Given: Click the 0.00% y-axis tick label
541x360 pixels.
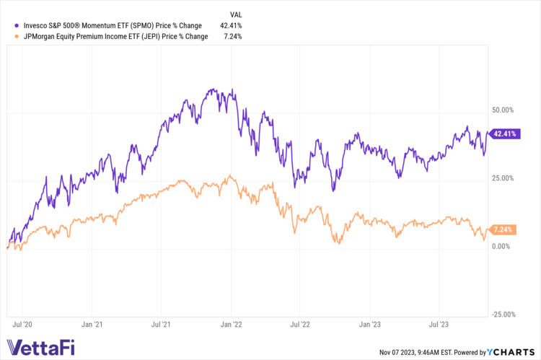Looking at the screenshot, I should pyautogui.click(x=503, y=246).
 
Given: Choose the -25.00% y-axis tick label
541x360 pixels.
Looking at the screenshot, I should pyautogui.click(x=501, y=315).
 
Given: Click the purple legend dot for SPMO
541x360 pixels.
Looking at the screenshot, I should pyautogui.click(x=10, y=25).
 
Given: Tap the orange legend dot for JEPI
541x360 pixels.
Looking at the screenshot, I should pyautogui.click(x=10, y=36).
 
